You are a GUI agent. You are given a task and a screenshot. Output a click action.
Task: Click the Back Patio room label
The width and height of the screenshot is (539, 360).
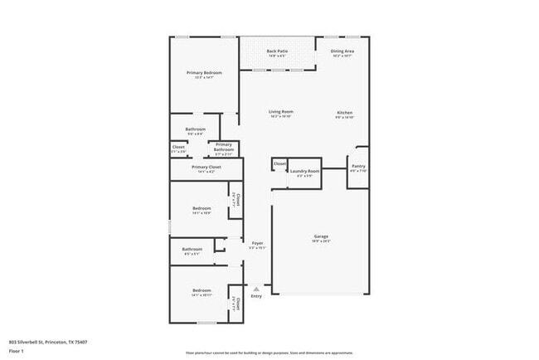(278, 51)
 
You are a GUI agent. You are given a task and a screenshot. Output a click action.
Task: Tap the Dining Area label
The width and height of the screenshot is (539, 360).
(342, 51)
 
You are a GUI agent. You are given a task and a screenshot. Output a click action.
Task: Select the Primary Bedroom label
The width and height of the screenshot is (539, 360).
(203, 73)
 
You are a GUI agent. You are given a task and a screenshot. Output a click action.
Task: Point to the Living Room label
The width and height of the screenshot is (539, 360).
(280, 112)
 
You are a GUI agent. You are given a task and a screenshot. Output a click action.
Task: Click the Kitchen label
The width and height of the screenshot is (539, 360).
(345, 112)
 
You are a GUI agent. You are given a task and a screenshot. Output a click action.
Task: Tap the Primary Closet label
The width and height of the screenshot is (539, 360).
(206, 167)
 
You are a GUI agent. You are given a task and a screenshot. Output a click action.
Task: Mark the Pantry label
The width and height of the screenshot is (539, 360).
(358, 166)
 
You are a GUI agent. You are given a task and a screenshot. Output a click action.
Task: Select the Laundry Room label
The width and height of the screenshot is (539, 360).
(304, 171)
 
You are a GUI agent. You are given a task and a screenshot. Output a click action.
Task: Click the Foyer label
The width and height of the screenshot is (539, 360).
(258, 243)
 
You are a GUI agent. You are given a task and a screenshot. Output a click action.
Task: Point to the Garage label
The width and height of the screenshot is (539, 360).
(321, 236)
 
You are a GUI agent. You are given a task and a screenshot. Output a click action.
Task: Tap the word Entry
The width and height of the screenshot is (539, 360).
(256, 296)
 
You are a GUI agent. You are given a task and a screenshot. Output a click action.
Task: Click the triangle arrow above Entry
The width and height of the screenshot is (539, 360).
(256, 289)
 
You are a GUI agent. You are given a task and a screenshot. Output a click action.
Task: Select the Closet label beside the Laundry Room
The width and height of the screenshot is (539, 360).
(280, 164)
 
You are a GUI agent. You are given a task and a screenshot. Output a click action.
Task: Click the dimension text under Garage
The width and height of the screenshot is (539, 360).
(321, 241)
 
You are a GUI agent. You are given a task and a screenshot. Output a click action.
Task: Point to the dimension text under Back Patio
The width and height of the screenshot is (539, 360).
(278, 56)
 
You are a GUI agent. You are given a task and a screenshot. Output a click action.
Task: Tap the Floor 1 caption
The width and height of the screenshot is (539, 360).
(16, 351)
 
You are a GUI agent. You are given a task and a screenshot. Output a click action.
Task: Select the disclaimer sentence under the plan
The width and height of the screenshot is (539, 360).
(269, 353)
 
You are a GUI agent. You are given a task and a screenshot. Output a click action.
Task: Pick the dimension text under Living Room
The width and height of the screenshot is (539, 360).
(280, 117)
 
